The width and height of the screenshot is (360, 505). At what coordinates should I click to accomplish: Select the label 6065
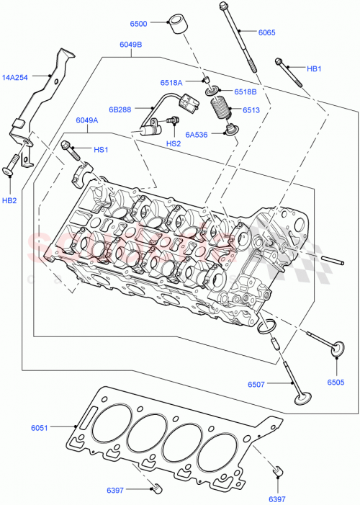[266, 32]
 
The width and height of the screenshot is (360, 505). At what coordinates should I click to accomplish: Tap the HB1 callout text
[315, 69]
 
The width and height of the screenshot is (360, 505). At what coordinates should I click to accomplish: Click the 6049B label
[130, 45]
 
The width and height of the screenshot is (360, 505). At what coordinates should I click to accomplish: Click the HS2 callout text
[174, 143]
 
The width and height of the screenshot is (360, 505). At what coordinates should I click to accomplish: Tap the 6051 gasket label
[40, 429]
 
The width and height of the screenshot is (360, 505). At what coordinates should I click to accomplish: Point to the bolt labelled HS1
[70, 148]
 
